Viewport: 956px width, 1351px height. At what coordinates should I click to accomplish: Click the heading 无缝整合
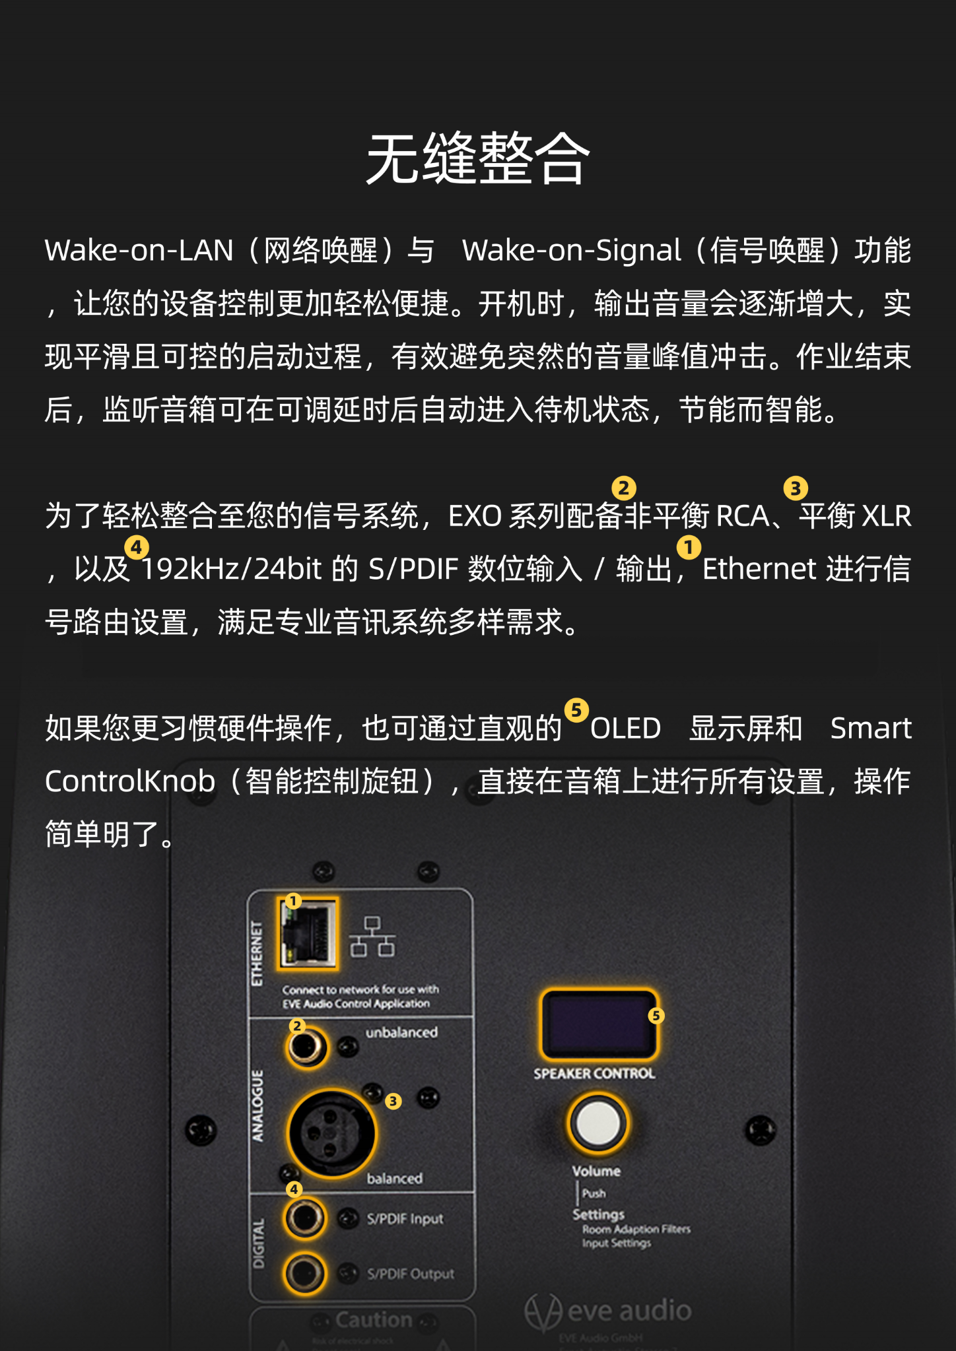478,159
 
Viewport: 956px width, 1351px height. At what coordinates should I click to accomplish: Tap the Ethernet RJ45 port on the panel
308,933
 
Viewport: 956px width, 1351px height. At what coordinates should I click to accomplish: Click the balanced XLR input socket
331,1133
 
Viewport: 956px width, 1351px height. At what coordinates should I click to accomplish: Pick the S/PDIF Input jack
305,1218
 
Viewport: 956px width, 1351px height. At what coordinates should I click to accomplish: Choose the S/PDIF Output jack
305,1272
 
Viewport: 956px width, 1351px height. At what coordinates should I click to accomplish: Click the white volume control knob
598,1123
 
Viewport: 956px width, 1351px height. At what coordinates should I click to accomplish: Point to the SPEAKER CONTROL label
594,1074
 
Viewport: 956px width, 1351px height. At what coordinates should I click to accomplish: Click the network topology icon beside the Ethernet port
372,936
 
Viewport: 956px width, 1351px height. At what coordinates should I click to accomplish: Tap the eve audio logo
607,1311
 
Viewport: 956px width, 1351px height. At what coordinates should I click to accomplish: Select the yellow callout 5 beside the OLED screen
656,1016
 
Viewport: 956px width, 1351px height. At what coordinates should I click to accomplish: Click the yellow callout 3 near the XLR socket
393,1101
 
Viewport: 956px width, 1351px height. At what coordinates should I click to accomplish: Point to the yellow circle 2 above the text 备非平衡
624,488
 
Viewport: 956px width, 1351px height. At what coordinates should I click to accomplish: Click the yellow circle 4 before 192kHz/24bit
137,547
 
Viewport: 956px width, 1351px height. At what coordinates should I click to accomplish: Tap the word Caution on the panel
374,1319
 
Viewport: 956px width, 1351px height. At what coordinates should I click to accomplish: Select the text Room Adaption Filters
636,1229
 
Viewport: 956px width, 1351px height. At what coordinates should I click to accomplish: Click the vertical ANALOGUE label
257,1106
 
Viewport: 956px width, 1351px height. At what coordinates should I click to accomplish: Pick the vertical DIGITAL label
258,1243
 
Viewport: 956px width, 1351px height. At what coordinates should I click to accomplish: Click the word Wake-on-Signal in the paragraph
571,251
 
